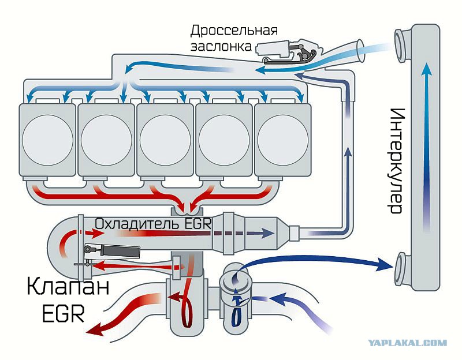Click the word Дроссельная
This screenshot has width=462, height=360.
(234, 31)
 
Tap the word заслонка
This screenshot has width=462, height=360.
(221, 47)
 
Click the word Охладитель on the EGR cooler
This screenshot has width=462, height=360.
(137, 224)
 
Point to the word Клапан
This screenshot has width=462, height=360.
(68, 287)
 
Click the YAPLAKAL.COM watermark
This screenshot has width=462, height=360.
(408, 343)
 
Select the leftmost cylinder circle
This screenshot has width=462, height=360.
(47, 140)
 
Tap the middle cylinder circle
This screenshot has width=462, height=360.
(165, 140)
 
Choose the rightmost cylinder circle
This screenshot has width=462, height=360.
(283, 140)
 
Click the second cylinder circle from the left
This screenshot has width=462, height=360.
(106, 140)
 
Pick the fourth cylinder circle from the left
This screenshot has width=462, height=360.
(224, 140)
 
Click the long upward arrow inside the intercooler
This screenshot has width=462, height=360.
(427, 147)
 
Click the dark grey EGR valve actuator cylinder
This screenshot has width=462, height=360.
(120, 252)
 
